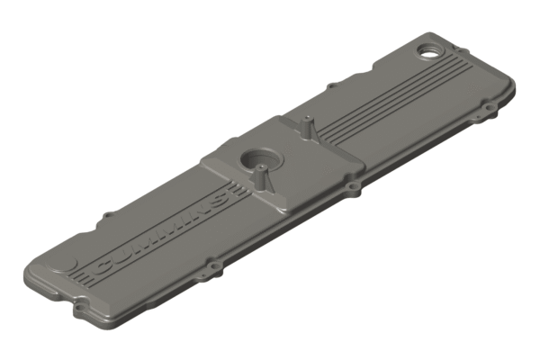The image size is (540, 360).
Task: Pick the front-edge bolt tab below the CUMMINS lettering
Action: pos(213,265)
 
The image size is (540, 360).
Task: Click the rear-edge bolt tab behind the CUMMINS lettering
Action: pos(108,215)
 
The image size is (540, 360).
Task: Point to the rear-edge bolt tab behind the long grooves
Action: pos(332,86)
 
